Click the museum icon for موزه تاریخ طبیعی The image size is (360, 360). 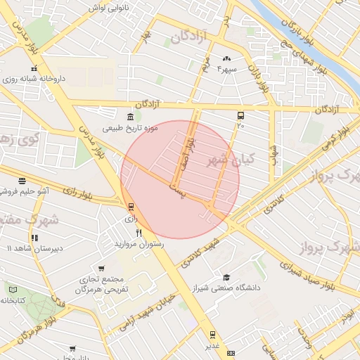click(130, 117)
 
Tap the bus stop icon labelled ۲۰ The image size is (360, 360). click(240, 115)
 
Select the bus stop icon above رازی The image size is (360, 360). click(130, 207)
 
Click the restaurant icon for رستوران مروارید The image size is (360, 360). click(139, 233)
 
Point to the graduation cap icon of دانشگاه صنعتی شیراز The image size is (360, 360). click(226, 278)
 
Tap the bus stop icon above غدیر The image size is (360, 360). click(212, 335)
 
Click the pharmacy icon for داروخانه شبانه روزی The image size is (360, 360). click(32, 68)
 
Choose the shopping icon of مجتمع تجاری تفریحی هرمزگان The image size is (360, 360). click(102, 269)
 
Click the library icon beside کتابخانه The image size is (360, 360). click(13, 289)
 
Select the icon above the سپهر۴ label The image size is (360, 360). click(226, 59)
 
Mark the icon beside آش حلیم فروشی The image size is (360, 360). click(22, 180)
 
